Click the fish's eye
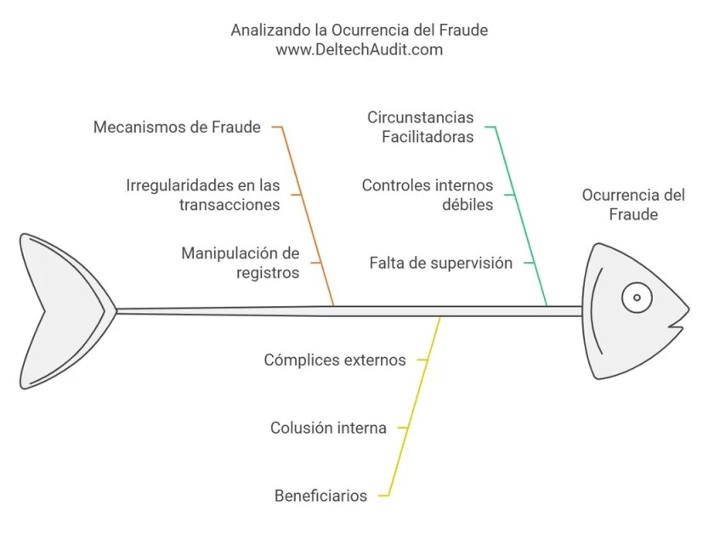click(636, 298)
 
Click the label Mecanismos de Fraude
click(177, 128)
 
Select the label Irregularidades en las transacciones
click(203, 195)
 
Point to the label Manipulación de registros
click(241, 263)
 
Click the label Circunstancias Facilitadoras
click(421, 127)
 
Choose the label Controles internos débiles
click(428, 195)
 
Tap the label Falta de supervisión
click(441, 263)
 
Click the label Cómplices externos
click(335, 360)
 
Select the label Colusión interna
click(328, 428)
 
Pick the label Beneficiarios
click(320, 496)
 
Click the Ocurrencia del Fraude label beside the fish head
click(633, 204)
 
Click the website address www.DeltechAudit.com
click(360, 50)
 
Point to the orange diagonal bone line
click(308, 217)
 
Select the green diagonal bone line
click(521, 217)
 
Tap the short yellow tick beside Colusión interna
click(404, 428)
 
